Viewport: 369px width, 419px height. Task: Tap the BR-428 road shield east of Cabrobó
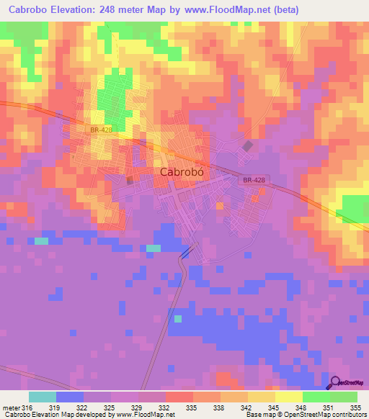click(254, 181)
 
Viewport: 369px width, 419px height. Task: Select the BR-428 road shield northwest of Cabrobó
click(102, 130)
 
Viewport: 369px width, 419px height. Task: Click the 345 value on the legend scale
click(274, 408)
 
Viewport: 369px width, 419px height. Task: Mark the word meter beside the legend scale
click(12, 408)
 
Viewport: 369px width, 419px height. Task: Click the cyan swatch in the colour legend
click(42, 397)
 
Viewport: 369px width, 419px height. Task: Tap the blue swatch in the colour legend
click(69, 397)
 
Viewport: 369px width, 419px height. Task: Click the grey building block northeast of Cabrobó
click(248, 146)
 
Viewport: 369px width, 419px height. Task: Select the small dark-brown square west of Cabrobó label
click(130, 180)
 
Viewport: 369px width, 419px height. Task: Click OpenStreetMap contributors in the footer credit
click(331, 415)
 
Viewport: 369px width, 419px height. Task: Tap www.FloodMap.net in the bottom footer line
click(138, 415)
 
